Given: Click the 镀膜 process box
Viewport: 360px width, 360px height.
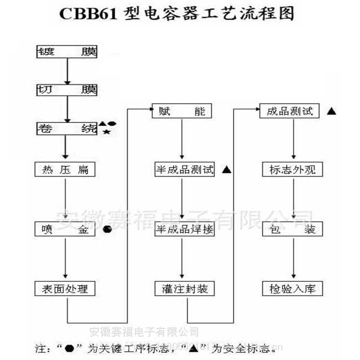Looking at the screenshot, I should [x=67, y=52].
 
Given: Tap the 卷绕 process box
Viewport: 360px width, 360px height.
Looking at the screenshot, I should [x=67, y=129].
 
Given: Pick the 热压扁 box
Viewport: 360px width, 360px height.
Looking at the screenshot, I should [x=65, y=169].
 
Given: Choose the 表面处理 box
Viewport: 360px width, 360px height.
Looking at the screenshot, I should [x=65, y=288].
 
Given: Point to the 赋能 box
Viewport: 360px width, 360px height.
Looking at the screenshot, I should [x=181, y=111].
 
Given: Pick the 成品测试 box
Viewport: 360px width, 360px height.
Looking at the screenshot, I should [x=290, y=111].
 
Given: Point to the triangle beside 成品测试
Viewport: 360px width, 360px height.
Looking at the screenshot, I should [x=332, y=111].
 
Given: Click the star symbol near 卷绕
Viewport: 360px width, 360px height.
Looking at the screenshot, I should [x=107, y=131].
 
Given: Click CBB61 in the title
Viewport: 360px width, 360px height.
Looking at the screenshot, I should [x=88, y=15].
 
